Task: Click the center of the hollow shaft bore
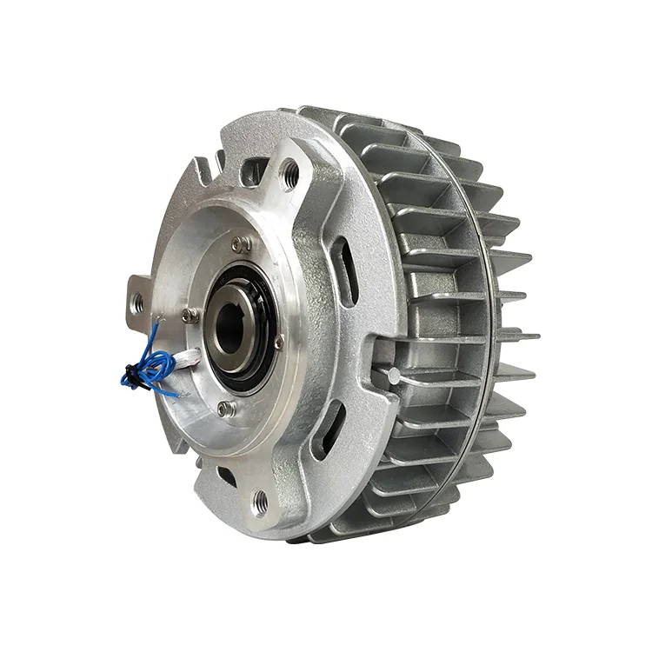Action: (229, 329)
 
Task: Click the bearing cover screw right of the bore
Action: (278, 342)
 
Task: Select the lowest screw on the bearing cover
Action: (226, 407)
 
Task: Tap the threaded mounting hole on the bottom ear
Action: (259, 500)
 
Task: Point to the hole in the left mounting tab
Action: (137, 303)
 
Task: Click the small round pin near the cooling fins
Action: (394, 376)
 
